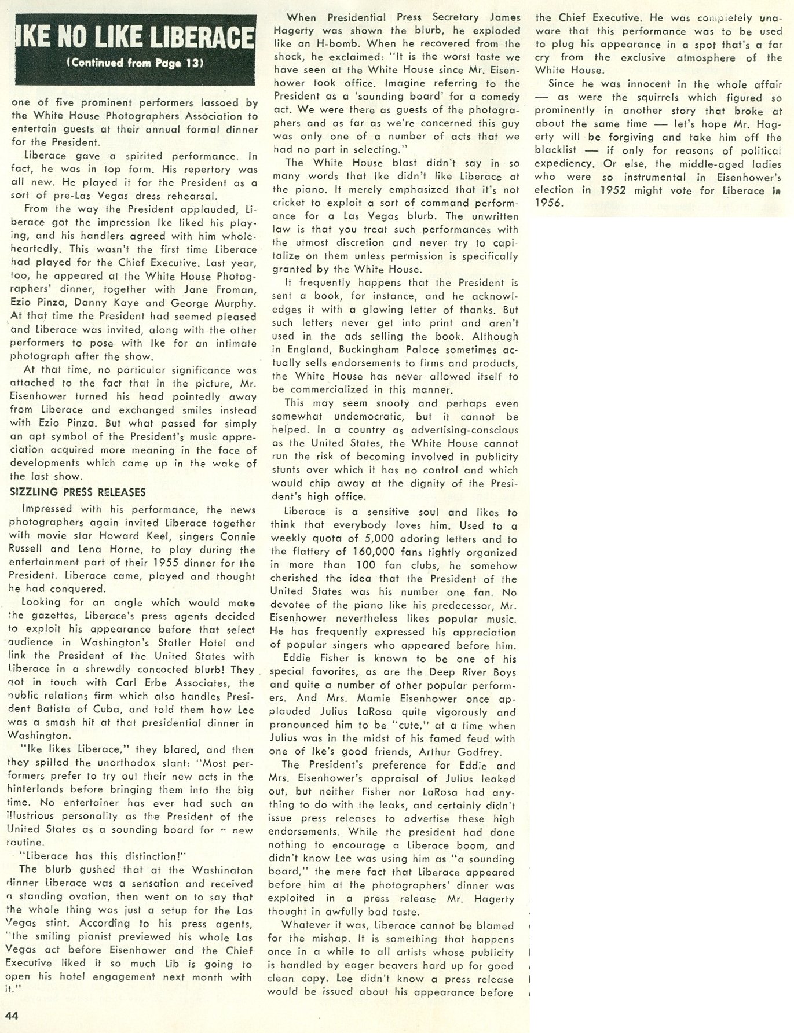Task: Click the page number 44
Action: tap(12, 1014)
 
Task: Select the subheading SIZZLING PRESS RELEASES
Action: tap(78, 492)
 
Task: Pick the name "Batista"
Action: tap(62, 710)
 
